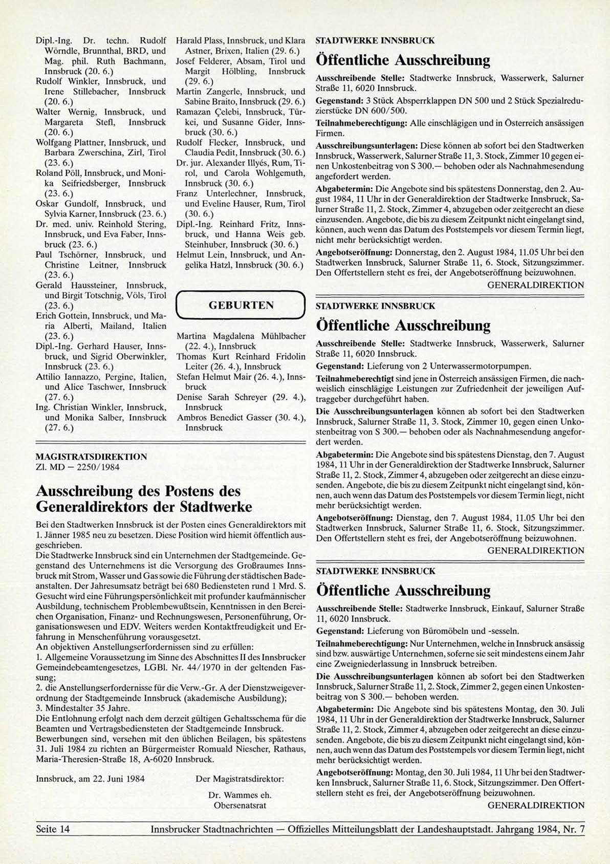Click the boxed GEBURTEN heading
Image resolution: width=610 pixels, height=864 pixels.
click(x=241, y=306)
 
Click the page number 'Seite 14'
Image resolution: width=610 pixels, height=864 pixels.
click(x=53, y=829)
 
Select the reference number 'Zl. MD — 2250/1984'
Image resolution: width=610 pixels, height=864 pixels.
click(x=78, y=467)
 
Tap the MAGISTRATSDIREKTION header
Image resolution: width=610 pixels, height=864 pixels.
click(x=92, y=457)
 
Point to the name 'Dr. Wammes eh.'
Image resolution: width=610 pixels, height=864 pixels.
click(x=240, y=795)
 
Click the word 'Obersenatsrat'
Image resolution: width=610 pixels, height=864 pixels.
click(x=240, y=806)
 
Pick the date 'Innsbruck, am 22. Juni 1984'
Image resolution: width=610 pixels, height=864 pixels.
click(x=90, y=779)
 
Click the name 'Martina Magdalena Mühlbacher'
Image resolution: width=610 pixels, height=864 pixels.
click(x=241, y=336)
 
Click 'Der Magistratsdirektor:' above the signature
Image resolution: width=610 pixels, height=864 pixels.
click(x=240, y=779)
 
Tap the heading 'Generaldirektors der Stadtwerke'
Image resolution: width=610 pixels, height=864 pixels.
click(x=144, y=507)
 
